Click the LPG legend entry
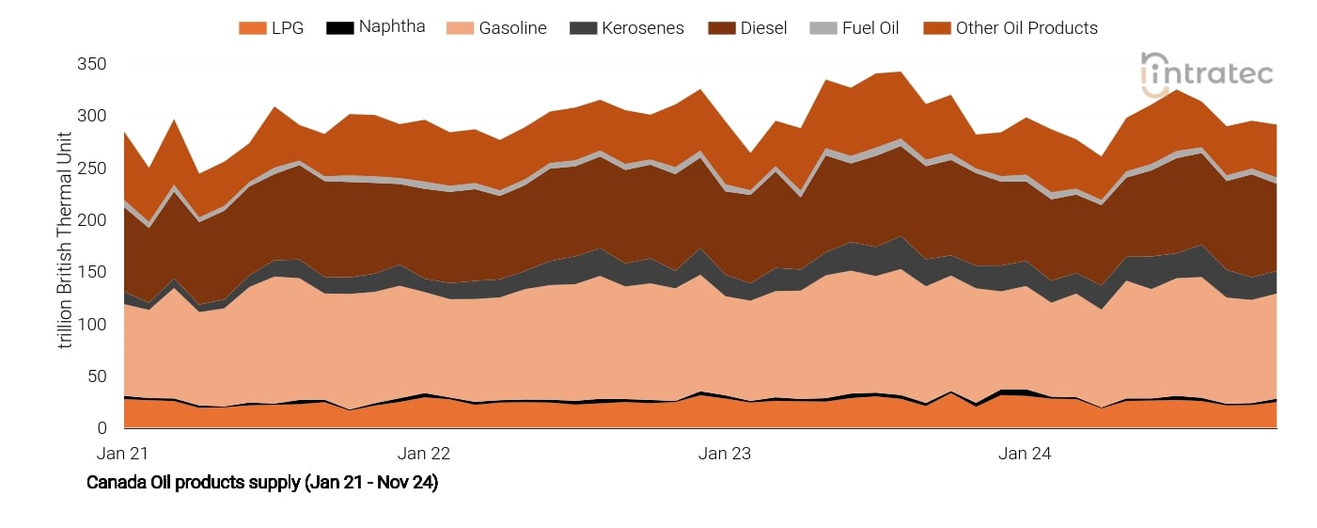tap(272, 28)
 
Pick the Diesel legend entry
tap(747, 28)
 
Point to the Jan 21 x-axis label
tap(124, 454)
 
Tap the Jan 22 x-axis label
tap(424, 454)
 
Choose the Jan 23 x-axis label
tap(725, 454)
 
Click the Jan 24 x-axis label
tap(1025, 454)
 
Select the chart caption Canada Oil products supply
tap(262, 483)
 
